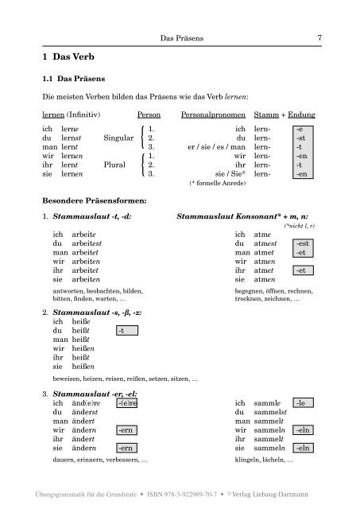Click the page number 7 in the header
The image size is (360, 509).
click(x=319, y=37)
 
